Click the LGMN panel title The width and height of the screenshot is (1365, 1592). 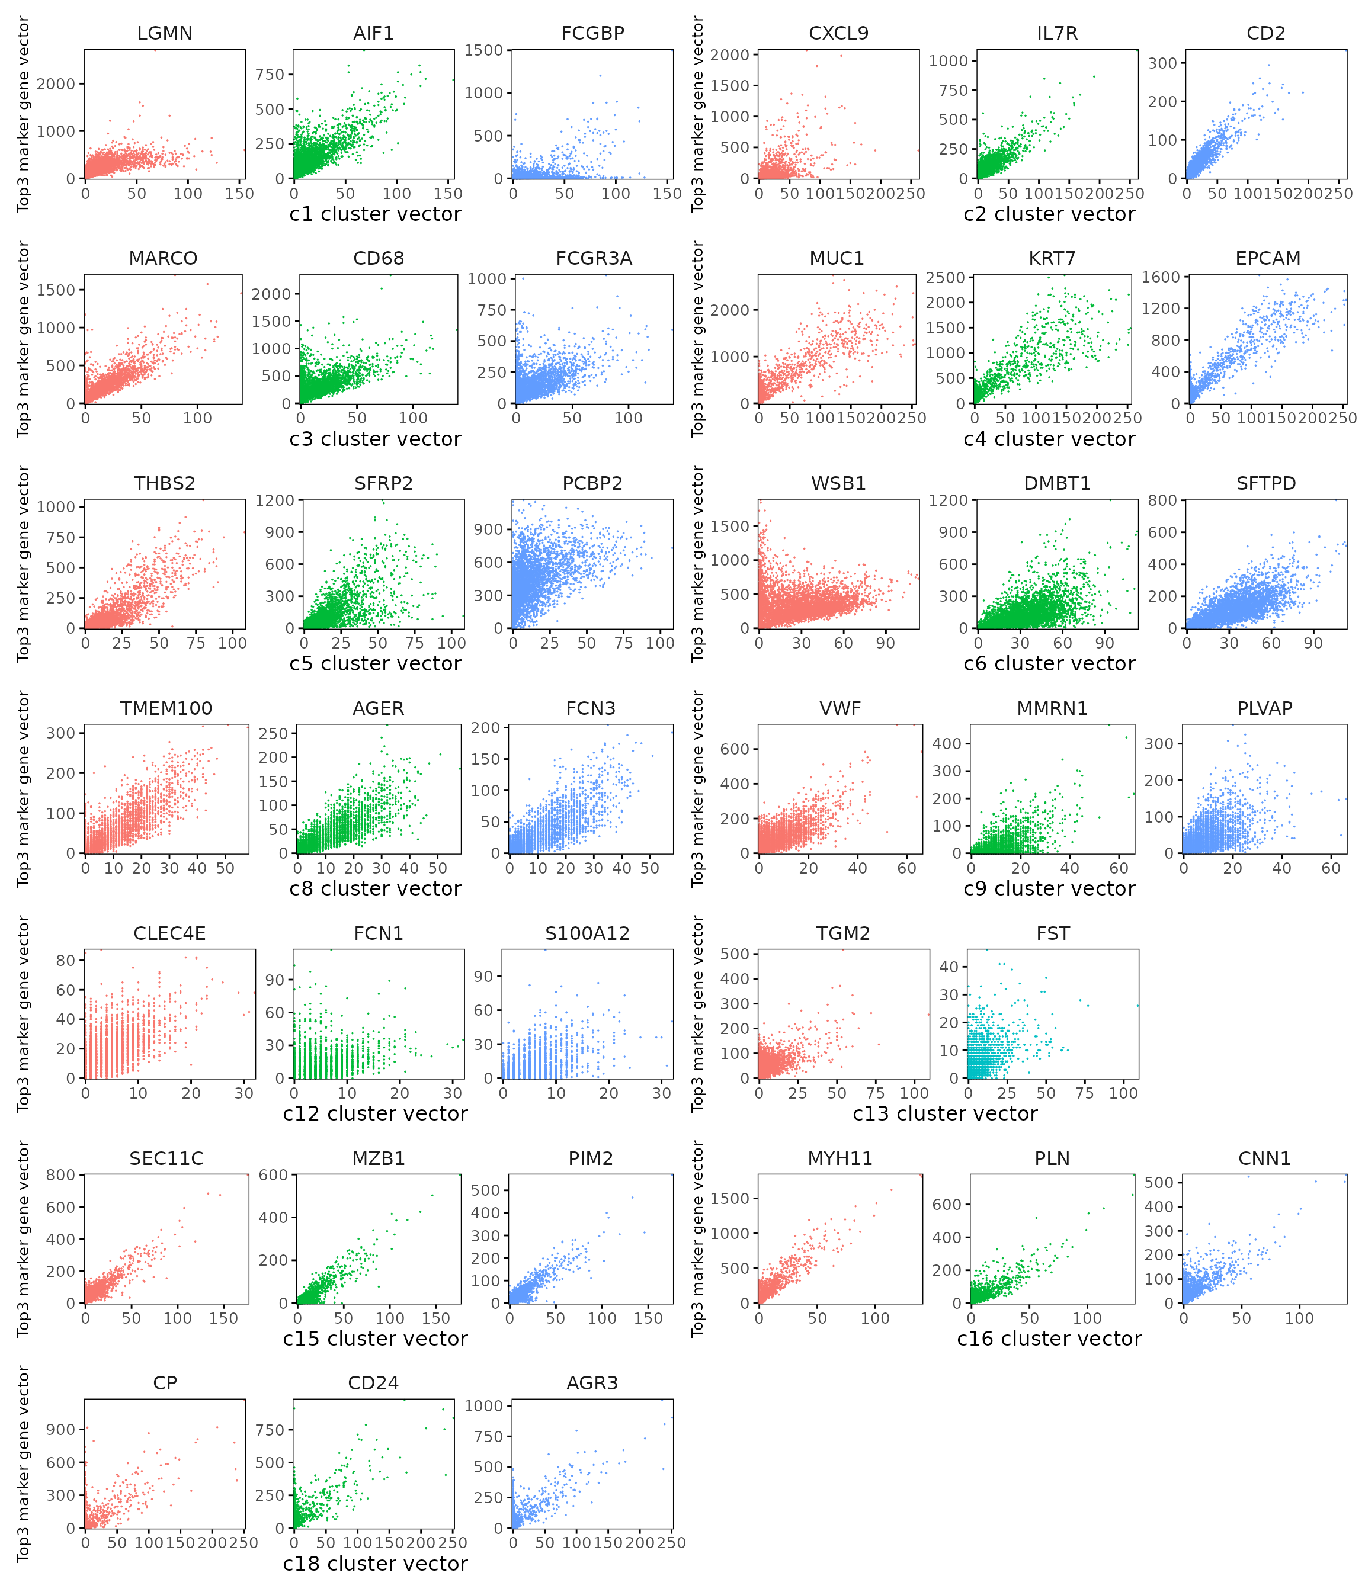(165, 33)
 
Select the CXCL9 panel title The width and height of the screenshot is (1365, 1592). (838, 33)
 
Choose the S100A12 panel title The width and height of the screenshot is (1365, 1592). (587, 933)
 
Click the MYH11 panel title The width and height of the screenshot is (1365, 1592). (840, 1158)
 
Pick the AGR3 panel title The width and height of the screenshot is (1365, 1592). (592, 1383)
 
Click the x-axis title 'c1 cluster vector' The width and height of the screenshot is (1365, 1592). (375, 214)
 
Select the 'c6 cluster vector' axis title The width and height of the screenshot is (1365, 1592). (1049, 664)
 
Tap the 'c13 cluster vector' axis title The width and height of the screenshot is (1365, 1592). (944, 1114)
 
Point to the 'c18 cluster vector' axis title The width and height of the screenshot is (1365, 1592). (375, 1564)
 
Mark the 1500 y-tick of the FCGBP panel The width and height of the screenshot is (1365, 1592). (483, 50)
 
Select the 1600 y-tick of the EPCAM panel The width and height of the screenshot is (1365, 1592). (1161, 277)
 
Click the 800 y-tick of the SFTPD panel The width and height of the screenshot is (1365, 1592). (1162, 500)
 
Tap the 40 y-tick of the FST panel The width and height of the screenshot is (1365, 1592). (949, 967)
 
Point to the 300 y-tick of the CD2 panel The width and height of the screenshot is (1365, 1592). (1162, 63)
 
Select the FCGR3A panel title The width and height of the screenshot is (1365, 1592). (594, 258)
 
